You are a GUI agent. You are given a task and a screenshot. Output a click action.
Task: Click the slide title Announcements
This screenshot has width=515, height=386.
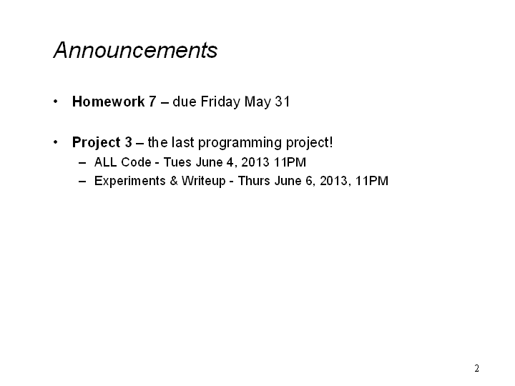coord(135,50)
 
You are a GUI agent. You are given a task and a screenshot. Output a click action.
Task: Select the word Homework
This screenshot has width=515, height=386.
coord(109,102)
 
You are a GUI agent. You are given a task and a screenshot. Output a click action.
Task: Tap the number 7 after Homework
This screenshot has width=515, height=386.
coord(152,102)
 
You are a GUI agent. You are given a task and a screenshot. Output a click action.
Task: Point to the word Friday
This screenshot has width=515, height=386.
coord(220,102)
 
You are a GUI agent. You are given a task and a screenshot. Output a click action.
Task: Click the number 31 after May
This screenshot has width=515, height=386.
coord(283,102)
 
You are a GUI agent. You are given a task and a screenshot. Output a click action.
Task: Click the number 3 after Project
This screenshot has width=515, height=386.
coord(128,142)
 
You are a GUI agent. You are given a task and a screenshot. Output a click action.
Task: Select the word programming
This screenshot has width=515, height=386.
coord(240,143)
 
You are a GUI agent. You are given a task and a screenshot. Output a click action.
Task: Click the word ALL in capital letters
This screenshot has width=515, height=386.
coord(106,162)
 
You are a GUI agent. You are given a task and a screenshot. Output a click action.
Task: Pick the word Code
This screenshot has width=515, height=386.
coord(137,162)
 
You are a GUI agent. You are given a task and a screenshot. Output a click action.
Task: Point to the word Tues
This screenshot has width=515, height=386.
coord(177,162)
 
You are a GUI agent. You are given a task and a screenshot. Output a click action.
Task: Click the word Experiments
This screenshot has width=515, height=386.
coord(129,181)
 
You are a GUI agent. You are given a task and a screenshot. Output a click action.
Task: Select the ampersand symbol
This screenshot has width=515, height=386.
coord(174,181)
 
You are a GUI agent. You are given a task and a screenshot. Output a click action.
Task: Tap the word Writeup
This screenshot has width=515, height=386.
coord(204,181)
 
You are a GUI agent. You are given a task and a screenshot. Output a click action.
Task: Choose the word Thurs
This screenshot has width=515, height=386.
coord(254,181)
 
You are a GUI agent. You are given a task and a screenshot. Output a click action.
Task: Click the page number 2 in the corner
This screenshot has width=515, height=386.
coord(476,368)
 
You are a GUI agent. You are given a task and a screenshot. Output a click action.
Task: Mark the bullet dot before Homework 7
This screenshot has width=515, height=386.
coord(56,102)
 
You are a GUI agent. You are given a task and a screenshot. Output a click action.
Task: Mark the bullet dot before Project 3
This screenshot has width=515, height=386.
coord(56,142)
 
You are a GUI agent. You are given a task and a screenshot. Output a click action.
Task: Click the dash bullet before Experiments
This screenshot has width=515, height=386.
coord(82,182)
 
